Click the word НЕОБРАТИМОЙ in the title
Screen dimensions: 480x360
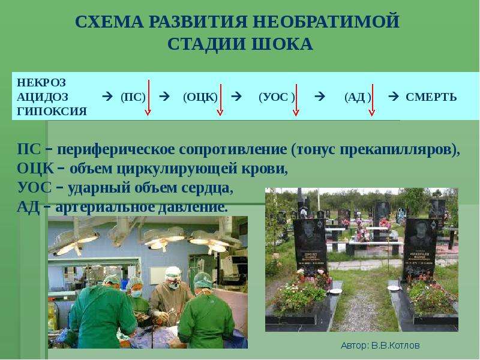[326, 22]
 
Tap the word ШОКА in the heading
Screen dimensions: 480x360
[282, 44]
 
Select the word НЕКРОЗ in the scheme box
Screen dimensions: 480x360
[41, 83]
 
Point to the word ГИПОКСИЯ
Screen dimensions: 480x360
[52, 112]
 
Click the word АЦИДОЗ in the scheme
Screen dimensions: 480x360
[43, 97]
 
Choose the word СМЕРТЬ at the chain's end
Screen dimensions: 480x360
[431, 97]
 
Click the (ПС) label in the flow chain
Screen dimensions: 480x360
[133, 97]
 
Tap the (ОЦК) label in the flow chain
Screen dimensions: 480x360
[200, 97]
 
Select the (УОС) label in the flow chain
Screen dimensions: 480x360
[277, 97]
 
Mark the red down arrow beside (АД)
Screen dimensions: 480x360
[372, 100]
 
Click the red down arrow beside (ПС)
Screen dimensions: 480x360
[148, 98]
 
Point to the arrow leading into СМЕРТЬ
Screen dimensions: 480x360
[394, 97]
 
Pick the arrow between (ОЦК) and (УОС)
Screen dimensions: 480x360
[236, 97]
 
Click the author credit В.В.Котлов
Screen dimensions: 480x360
[395, 346]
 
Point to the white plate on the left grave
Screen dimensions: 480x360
[335, 291]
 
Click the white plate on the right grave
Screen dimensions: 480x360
[393, 288]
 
